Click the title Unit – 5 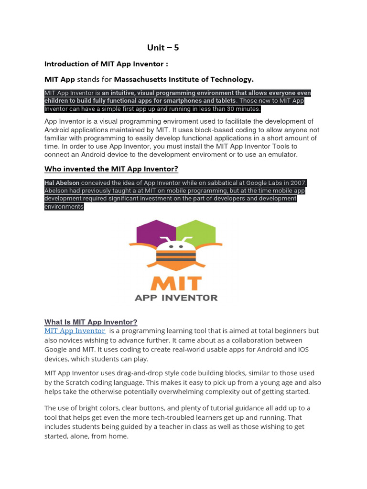(x=162, y=47)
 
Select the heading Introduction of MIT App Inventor (x=106, y=64)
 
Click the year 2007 (x=298, y=183)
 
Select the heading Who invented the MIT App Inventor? (x=111, y=169)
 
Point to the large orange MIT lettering (x=175, y=282)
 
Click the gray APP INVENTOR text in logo (x=175, y=298)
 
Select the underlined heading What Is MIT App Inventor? (x=91, y=322)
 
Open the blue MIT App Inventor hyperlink (x=75, y=330)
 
